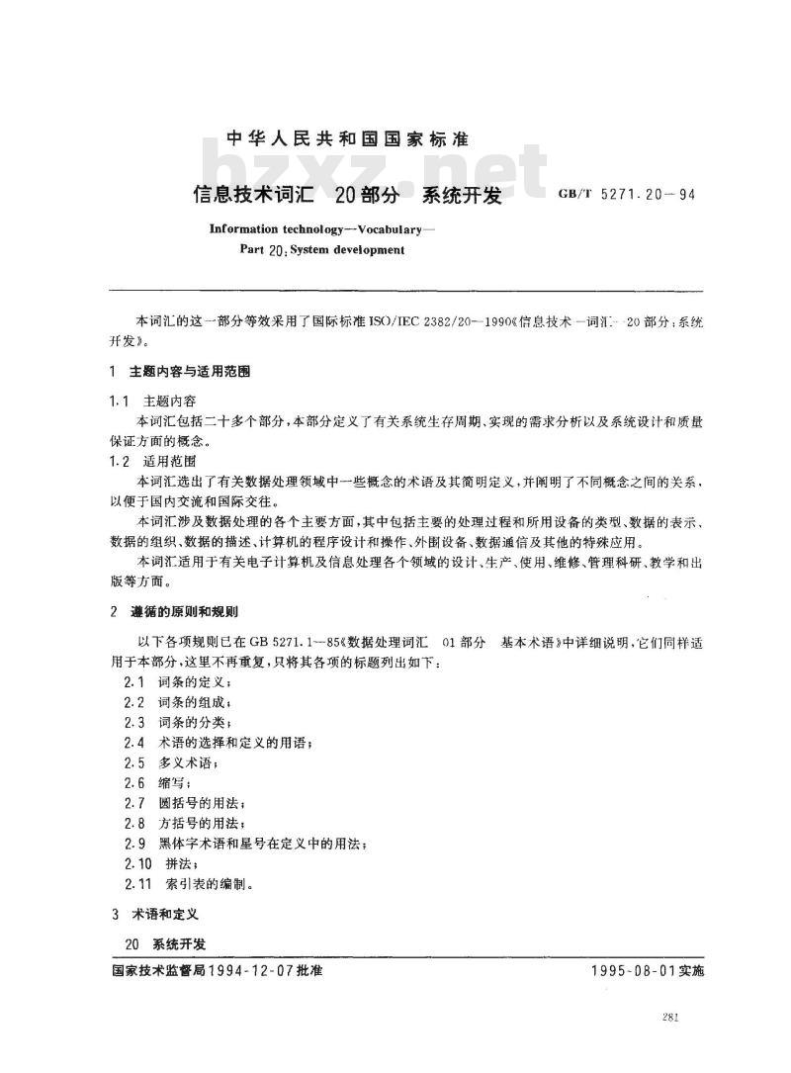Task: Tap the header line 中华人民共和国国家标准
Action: (361, 138)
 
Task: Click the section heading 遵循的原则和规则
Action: (191, 612)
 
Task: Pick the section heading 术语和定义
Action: (170, 913)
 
